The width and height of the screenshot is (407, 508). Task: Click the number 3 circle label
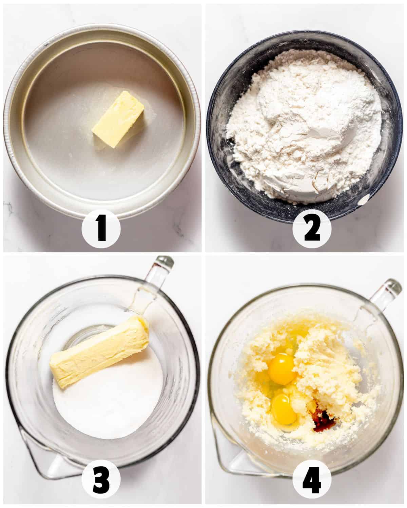(101, 481)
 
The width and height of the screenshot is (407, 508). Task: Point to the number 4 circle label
(312, 481)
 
